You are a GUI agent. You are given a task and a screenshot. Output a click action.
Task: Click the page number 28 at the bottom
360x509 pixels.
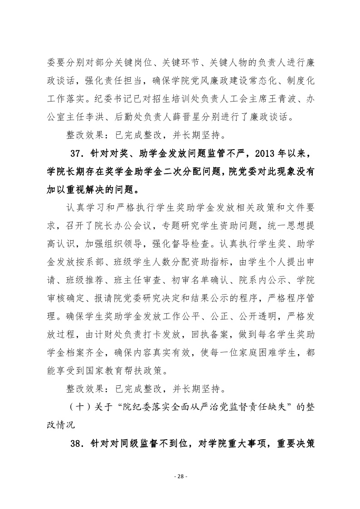click(180, 476)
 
